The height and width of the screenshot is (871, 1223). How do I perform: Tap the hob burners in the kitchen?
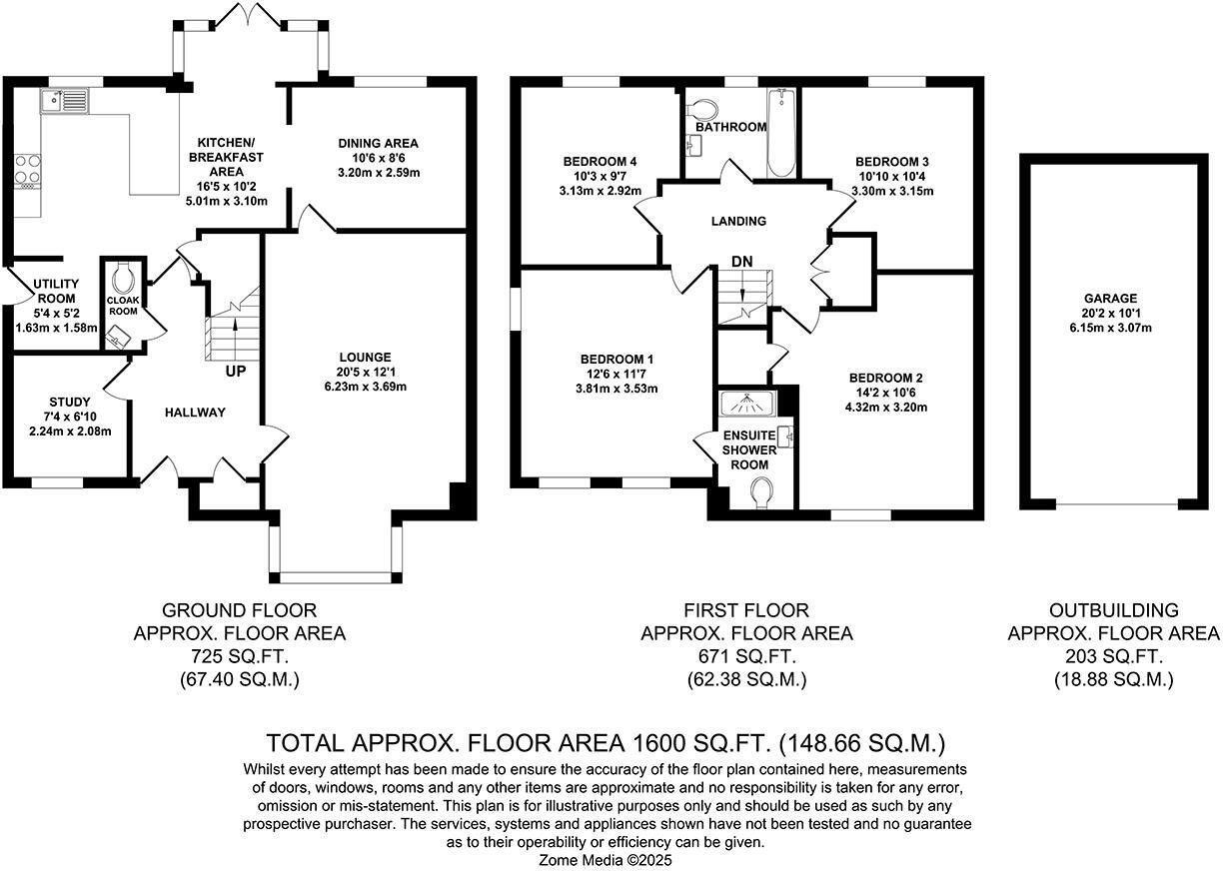[27, 171]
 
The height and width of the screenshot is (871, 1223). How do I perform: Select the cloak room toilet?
[124, 274]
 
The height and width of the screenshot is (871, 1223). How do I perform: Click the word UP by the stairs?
[237, 372]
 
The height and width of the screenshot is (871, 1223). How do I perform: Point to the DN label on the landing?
[741, 261]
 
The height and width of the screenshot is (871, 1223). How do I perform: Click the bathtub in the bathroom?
[780, 133]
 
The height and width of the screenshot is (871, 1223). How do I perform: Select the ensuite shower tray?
[747, 402]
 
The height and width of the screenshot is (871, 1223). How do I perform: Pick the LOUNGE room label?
[365, 357]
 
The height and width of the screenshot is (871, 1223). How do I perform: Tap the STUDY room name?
[69, 402]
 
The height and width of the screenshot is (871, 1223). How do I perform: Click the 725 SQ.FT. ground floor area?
[239, 656]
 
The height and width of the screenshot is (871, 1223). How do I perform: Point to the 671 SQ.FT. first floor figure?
[746, 656]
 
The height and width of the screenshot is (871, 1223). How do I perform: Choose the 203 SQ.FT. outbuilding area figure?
[1113, 656]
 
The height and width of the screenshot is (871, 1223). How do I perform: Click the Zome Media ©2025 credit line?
[607, 859]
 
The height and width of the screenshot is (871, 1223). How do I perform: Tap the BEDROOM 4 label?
[601, 162]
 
